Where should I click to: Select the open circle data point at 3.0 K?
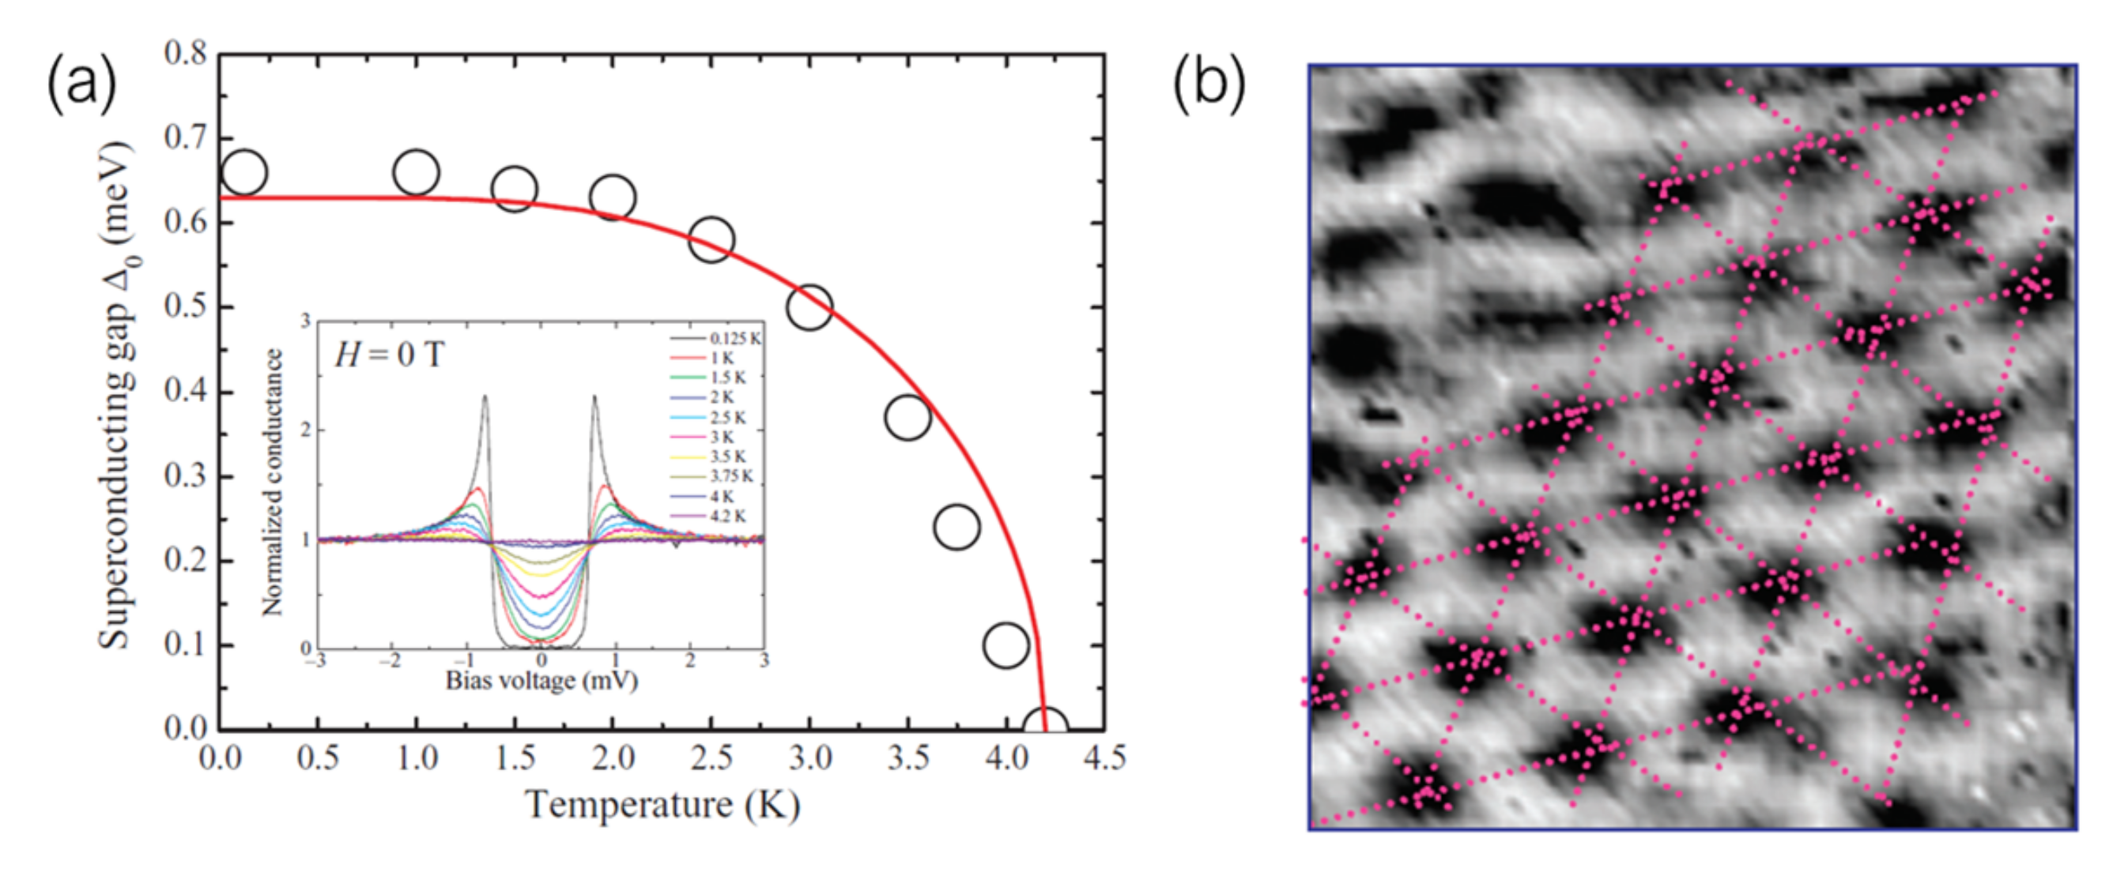pyautogui.click(x=809, y=308)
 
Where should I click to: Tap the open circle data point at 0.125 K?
pyautogui.click(x=244, y=172)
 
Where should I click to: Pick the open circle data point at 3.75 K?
pyautogui.click(x=956, y=527)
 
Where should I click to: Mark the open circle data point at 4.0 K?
pyautogui.click(x=1006, y=645)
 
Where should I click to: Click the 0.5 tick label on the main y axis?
pyautogui.click(x=185, y=307)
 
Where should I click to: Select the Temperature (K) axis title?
pyautogui.click(x=662, y=804)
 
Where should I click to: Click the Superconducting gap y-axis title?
pyautogui.click(x=116, y=395)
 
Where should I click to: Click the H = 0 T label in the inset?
pyautogui.click(x=389, y=355)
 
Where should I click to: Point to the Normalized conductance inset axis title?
pyautogui.click(x=272, y=483)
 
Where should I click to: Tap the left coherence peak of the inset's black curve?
pyautogui.click(x=485, y=398)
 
